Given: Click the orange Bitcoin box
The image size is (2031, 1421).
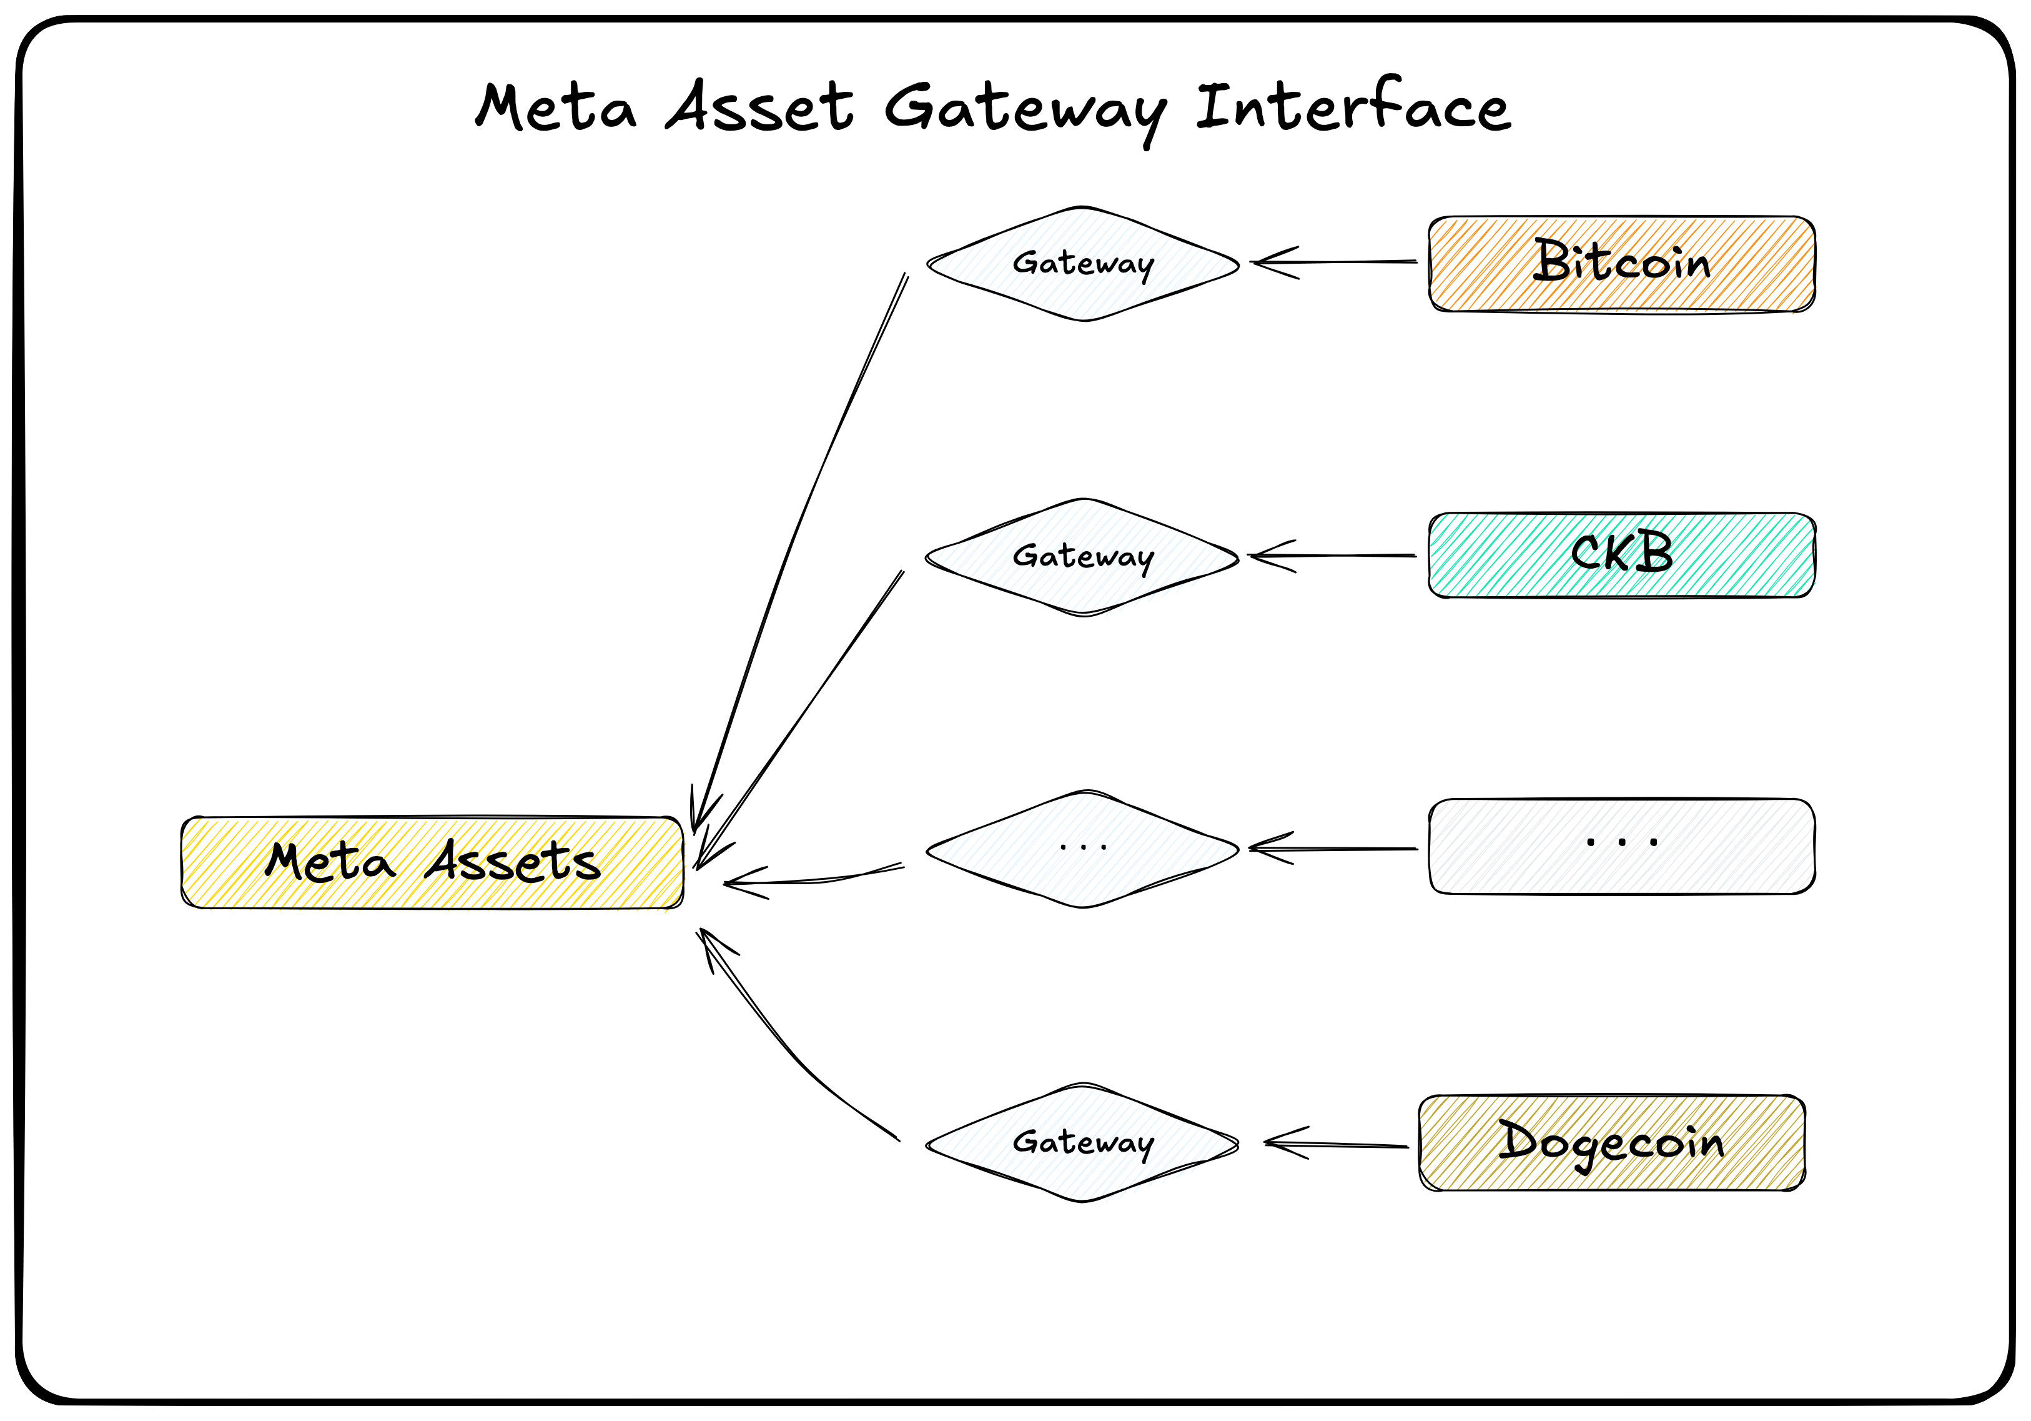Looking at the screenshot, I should [1621, 264].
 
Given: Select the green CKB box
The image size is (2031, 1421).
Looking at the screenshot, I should [1621, 555].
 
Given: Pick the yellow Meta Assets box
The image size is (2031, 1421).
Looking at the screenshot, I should [432, 862].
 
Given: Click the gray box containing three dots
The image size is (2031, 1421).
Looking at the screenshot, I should [1621, 847].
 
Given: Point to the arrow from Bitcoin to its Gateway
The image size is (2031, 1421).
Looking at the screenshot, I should [1336, 262].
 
